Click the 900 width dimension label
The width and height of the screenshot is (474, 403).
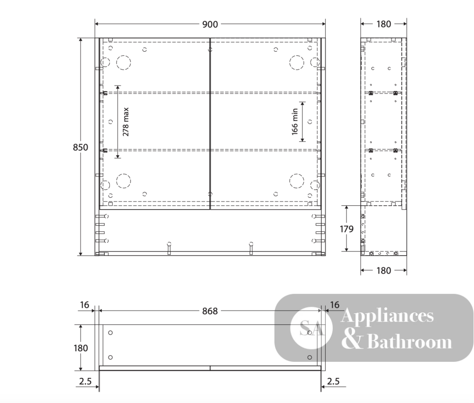pos(210,24)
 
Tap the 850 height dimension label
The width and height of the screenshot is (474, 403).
pos(81,147)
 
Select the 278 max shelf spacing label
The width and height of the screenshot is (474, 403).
pos(126,122)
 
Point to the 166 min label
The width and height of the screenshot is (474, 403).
pos(295,121)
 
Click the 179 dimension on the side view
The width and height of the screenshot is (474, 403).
pos(346,229)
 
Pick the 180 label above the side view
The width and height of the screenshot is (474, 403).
pos(383,24)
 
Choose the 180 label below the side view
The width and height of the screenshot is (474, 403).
pos(383,270)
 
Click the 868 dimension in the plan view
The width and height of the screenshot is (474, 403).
pos(210,311)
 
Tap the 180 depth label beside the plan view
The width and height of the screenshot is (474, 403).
pos(81,348)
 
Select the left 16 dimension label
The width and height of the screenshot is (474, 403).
pos(85,305)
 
